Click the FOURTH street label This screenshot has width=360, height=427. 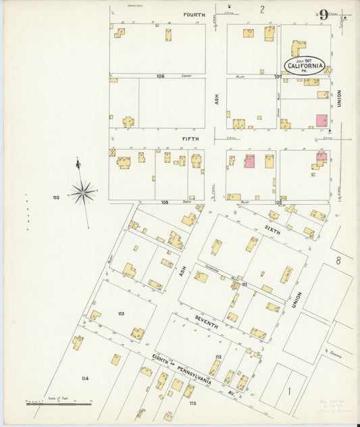[194, 14]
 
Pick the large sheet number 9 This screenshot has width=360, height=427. [324, 14]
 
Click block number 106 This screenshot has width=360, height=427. [160, 76]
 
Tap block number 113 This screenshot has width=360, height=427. [121, 313]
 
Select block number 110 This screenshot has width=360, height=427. [56, 197]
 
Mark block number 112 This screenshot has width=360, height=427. [218, 356]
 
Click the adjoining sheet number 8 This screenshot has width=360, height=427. [340, 260]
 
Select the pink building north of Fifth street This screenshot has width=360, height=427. [320, 120]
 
